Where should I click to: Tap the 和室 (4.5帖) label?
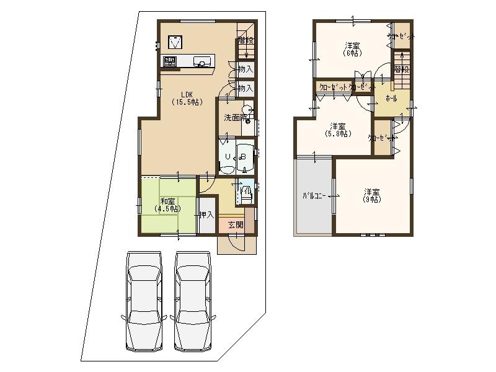pos(167,205)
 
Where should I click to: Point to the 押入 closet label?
pos(206,215)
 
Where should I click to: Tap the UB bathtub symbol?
pos(236,156)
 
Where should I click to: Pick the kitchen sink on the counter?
pos(201,61)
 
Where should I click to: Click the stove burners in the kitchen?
pos(169,61)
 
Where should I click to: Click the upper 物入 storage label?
pos(246,68)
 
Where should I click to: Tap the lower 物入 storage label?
pos(246,89)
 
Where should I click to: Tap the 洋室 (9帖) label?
pos(372,195)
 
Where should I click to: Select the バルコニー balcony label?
pos(314,195)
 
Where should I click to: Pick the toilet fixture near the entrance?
pos(246,193)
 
